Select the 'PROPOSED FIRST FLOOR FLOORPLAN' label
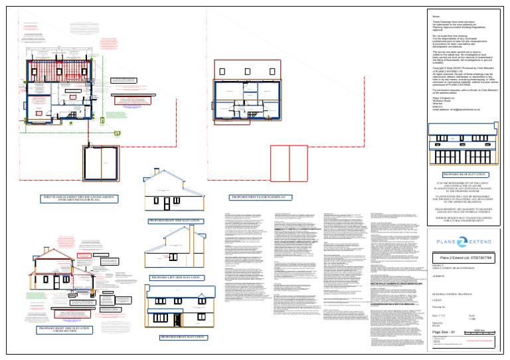(x=257, y=198)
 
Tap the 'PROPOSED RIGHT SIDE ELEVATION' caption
(x=176, y=219)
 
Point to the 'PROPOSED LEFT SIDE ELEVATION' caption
(x=176, y=276)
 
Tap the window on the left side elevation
(x=161, y=256)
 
